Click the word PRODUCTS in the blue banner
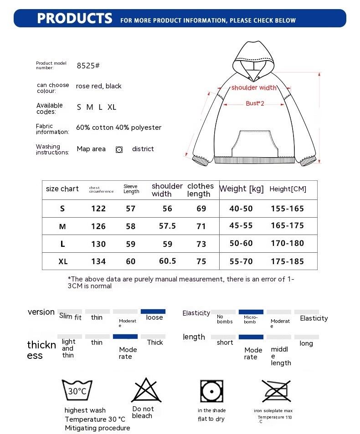74,18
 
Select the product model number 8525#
88,66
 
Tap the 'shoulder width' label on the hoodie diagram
254,88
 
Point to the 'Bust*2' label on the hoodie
255,103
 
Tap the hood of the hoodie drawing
254,57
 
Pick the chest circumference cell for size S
98,209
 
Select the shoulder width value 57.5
167,226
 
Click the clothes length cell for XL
201,261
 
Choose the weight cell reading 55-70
241,261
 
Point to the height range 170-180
287,243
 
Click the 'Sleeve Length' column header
131,189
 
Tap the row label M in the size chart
62,226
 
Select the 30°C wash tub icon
77,390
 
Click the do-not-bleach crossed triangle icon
144,390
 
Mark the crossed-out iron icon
277,390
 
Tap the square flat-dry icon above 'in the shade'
211,391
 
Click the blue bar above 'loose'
153,311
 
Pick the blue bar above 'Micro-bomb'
251,311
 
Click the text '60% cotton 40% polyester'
118,128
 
